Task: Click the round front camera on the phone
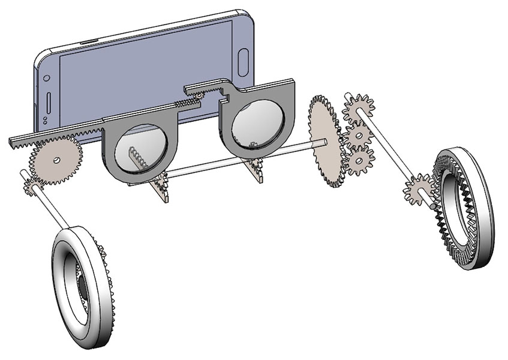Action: point(45,78)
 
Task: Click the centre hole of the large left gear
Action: point(55,160)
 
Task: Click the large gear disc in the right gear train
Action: point(324,141)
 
